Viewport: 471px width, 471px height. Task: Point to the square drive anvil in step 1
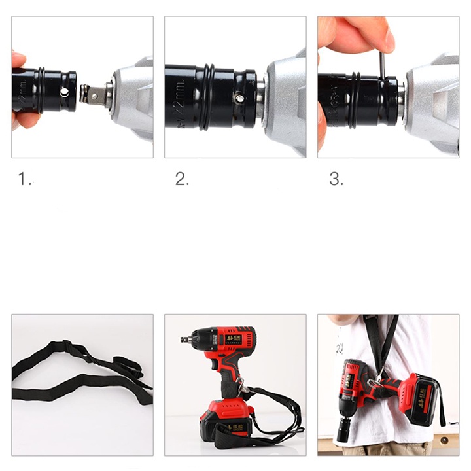pos(95,96)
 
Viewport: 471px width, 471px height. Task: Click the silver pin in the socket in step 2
pos(240,99)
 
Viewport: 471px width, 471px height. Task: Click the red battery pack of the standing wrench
pos(226,419)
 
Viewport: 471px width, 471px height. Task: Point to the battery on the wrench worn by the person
pos(419,398)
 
